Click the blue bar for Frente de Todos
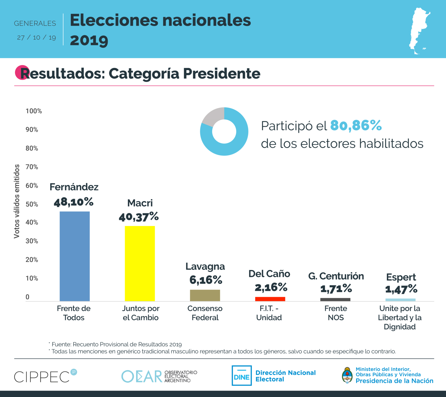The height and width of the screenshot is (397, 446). (75, 256)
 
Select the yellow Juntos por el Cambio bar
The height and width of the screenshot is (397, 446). (140, 263)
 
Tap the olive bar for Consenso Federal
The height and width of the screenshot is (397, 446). (205, 295)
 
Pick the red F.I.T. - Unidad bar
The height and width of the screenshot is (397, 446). (270, 299)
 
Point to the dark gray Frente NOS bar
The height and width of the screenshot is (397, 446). (335, 300)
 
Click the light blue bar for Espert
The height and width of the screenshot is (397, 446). (400, 300)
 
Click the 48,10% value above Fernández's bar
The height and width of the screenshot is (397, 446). (73, 202)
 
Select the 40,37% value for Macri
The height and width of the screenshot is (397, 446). (139, 217)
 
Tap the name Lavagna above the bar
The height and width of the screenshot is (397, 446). (205, 266)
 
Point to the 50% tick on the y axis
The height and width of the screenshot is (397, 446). (32, 204)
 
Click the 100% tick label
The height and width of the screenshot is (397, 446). (34, 111)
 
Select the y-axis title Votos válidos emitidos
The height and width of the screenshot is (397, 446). (17, 201)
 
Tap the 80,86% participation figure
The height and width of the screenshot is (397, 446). (356, 126)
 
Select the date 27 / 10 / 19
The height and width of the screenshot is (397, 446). (36, 38)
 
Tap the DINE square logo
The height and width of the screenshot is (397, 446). (242, 376)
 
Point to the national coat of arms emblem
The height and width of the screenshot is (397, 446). (347, 375)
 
